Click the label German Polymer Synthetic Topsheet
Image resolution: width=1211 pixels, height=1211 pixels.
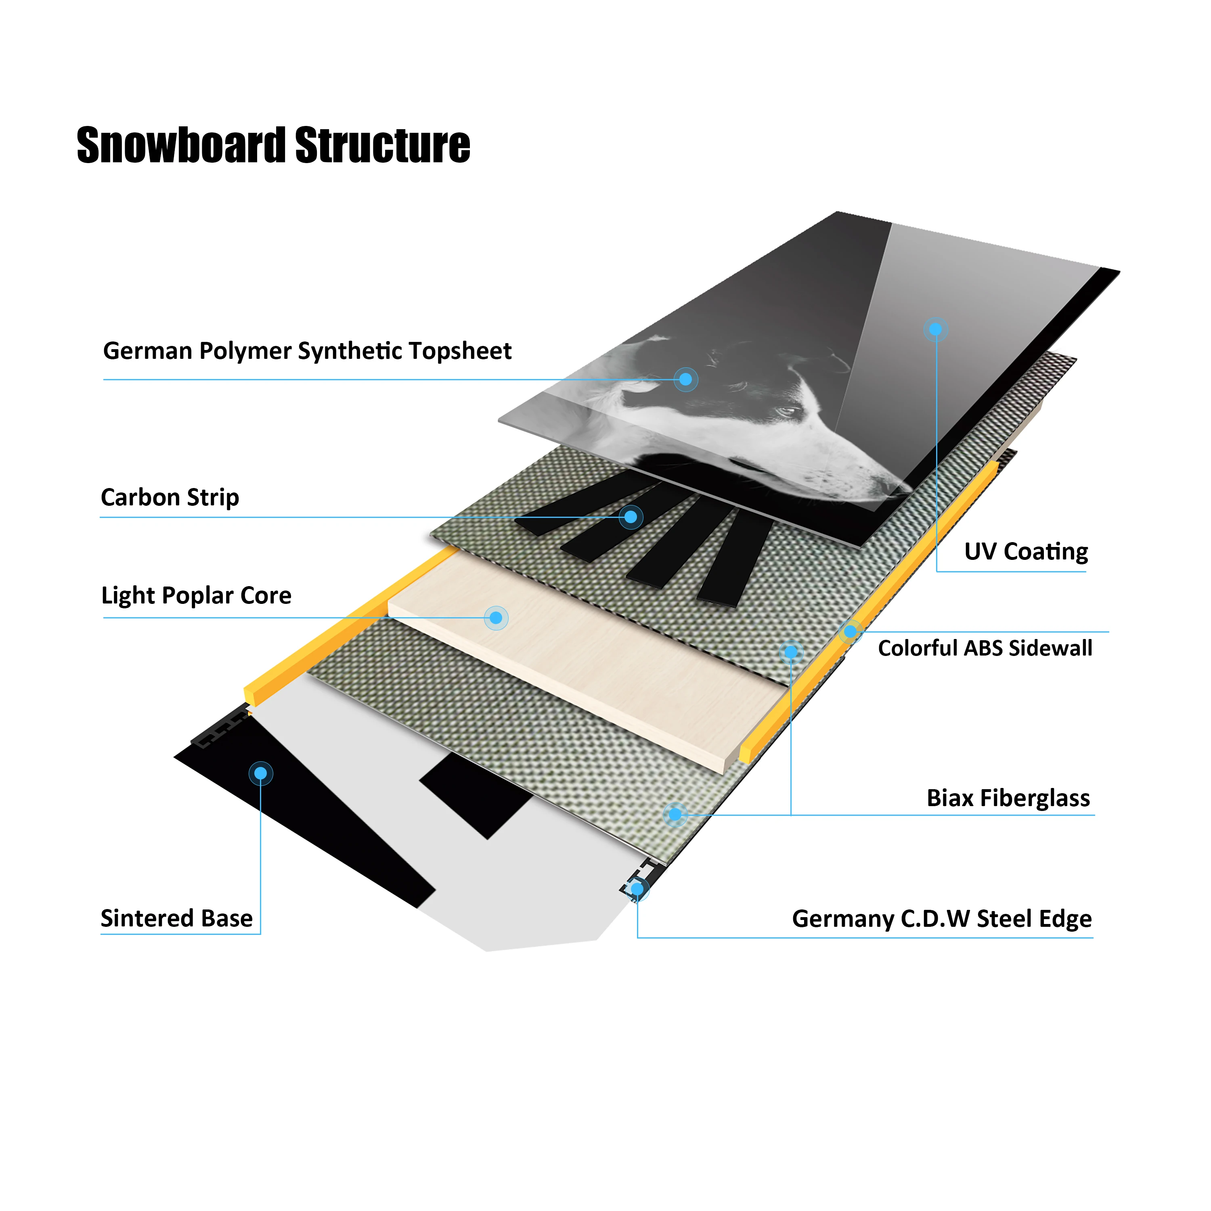pyautogui.click(x=307, y=351)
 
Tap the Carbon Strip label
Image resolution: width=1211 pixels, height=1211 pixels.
pyautogui.click(x=170, y=498)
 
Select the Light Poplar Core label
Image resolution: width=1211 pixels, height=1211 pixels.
pyautogui.click(x=196, y=595)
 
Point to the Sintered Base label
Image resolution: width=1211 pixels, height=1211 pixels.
pyautogui.click(x=177, y=918)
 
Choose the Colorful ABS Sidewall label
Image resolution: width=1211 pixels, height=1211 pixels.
pyautogui.click(x=985, y=648)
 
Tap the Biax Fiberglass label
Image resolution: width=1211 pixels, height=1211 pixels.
pyautogui.click(x=1008, y=798)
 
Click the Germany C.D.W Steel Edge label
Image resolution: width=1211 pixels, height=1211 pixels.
pyautogui.click(x=941, y=919)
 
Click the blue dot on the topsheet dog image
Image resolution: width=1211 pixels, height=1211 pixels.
pyautogui.click(x=686, y=379)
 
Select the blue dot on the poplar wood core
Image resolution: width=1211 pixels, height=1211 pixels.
pyautogui.click(x=496, y=618)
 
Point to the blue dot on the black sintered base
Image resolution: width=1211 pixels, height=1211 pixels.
pyautogui.click(x=261, y=773)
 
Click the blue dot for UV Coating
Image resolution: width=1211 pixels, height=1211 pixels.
pyautogui.click(x=935, y=329)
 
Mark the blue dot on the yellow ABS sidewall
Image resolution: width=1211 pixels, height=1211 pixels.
pyautogui.click(x=850, y=632)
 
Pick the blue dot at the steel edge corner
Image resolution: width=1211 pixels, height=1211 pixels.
pyautogui.click(x=637, y=889)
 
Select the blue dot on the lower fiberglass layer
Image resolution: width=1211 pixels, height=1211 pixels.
pyautogui.click(x=675, y=814)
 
